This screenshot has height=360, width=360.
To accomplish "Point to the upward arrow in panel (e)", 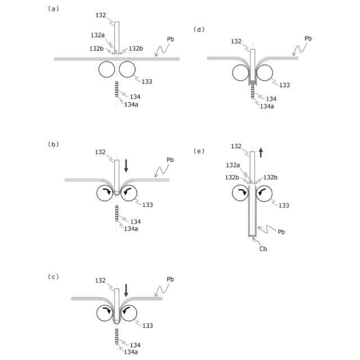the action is [x=261, y=152].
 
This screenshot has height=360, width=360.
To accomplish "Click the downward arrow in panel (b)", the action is [x=127, y=165].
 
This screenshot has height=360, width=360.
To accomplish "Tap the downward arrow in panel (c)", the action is [x=127, y=290].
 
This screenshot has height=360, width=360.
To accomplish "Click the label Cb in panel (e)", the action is [x=263, y=248].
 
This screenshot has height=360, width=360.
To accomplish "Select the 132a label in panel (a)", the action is [x=97, y=35].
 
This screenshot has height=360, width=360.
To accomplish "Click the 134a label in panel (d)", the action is [x=267, y=106].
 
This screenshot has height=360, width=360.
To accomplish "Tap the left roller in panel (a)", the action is [x=106, y=69].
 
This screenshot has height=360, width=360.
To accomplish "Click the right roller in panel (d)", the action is [x=264, y=73].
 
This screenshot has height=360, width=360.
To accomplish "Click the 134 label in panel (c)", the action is [x=134, y=344].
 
